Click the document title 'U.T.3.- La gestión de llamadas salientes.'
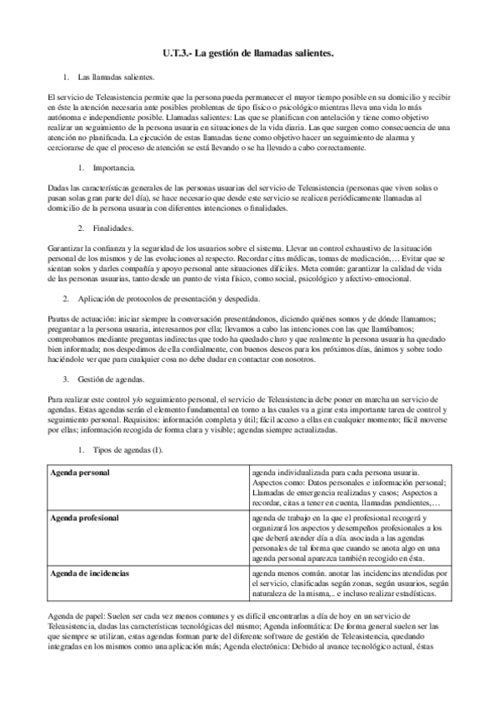tap(248, 54)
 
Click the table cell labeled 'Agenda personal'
tap(82, 474)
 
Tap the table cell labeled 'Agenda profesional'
tap(86, 518)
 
